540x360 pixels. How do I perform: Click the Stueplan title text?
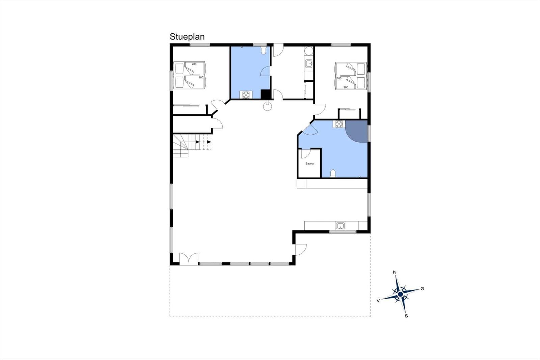pyautogui.click(x=187, y=37)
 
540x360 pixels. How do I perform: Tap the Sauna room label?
pyautogui.click(x=309, y=163)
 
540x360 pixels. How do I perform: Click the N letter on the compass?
pyautogui.click(x=395, y=272)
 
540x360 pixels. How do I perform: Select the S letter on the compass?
pyautogui.click(x=406, y=316)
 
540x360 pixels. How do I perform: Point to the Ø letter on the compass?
pyautogui.click(x=422, y=289)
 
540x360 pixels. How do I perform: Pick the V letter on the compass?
pyautogui.click(x=378, y=301)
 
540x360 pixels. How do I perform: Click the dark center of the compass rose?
pyautogui.click(x=400, y=294)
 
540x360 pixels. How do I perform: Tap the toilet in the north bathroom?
pyautogui.click(x=263, y=50)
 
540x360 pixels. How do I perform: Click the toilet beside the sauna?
pyautogui.click(x=333, y=174)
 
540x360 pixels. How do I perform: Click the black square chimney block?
pyautogui.click(x=265, y=94)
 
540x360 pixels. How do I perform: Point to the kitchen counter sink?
pyautogui.click(x=340, y=226)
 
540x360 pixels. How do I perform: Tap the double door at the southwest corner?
pyautogui.click(x=189, y=259)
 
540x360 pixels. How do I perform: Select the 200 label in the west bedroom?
pyautogui.click(x=194, y=64)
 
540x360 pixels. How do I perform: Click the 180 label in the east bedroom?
pyautogui.click(x=339, y=78)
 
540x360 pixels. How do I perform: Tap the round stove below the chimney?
pyautogui.click(x=267, y=106)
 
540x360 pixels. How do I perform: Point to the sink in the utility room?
pyautogui.click(x=308, y=64)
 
